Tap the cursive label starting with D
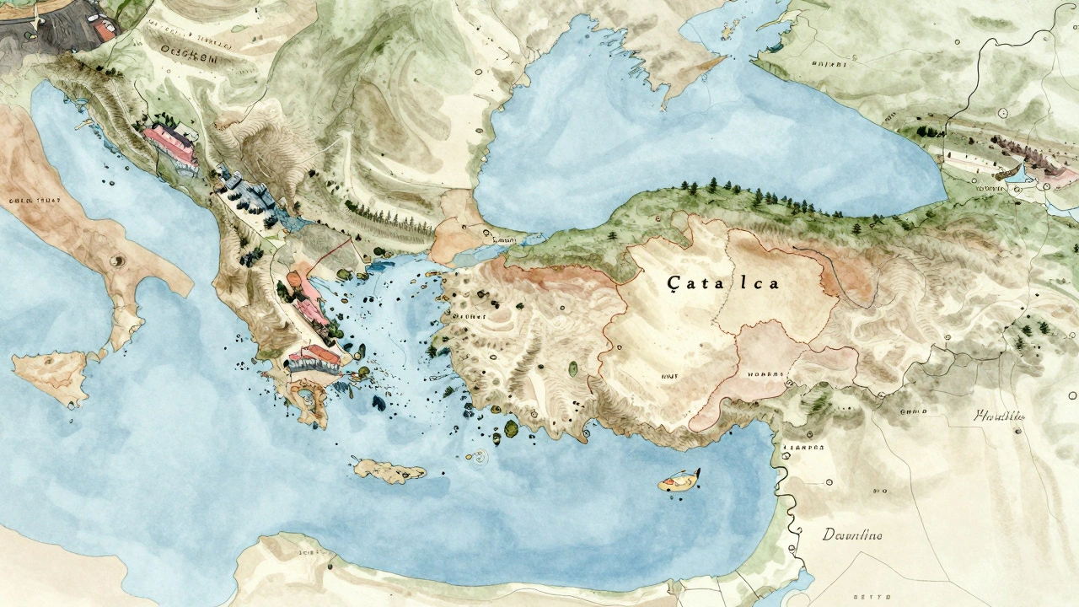point(852,534)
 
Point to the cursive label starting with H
point(999,415)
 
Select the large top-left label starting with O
point(189,57)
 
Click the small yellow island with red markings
point(679,481)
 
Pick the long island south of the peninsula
point(389,470)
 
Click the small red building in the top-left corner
point(105,30)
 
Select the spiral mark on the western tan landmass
point(116,261)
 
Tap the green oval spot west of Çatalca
point(573,368)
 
